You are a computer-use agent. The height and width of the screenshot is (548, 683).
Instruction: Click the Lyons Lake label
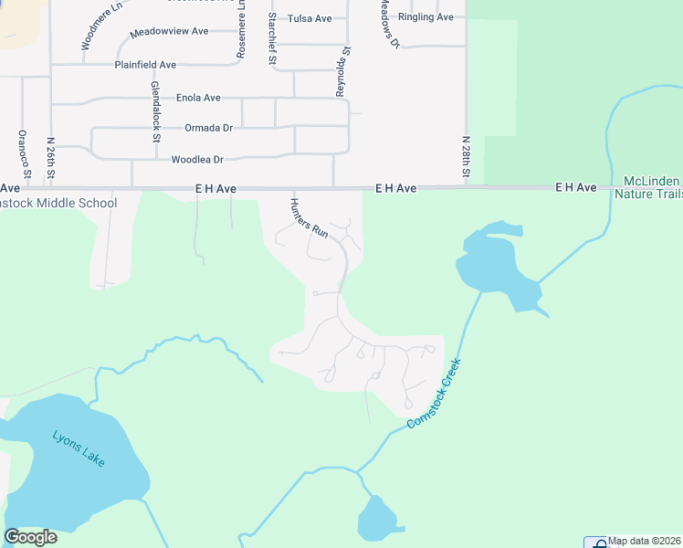79,448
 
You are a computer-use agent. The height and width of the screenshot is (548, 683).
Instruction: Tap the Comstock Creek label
435,393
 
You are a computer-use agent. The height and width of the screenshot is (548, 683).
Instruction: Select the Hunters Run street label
309,218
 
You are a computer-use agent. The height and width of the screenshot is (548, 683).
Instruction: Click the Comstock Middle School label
58,203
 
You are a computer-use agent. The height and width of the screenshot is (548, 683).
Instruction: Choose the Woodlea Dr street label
197,160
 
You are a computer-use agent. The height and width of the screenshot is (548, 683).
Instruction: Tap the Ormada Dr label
208,128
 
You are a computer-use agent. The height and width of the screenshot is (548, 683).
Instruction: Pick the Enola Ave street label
198,98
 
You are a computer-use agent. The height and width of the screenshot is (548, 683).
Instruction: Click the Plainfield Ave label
145,65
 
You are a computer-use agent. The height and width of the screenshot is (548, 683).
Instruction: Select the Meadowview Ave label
169,32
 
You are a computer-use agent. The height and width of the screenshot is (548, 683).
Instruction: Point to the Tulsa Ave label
310,18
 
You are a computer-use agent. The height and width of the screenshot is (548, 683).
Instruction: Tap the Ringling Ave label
426,17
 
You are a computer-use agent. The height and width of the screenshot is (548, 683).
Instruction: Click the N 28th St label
466,157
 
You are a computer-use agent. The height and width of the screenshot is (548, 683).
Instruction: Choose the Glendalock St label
156,111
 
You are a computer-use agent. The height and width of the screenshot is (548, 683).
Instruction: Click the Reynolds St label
342,73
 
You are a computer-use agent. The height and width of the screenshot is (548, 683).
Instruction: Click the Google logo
30,537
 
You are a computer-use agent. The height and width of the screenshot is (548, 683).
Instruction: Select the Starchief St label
272,38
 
